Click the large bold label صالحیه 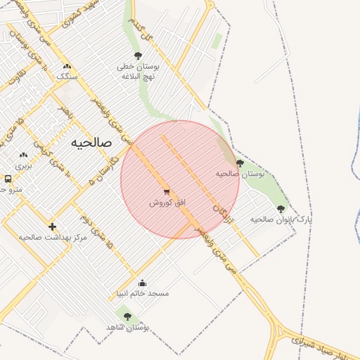(x=91, y=142)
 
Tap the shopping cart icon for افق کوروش (x=167, y=191)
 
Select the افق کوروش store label (x=167, y=202)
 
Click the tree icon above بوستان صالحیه (x=240, y=163)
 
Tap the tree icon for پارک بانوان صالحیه (x=281, y=209)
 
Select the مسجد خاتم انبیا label (x=143, y=292)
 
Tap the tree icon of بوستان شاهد (x=127, y=316)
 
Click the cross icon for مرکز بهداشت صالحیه (x=52, y=226)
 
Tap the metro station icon (x=7, y=179)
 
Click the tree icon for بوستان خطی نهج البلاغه (x=138, y=56)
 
